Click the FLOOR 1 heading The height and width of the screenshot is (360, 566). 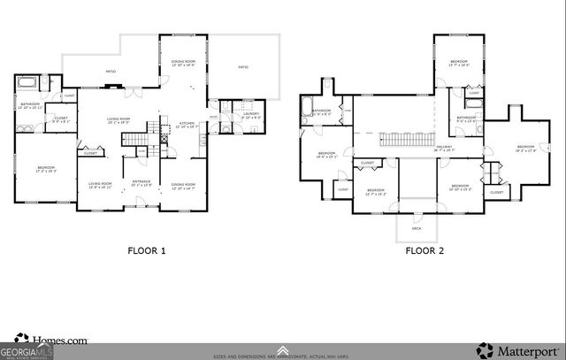[x=146, y=250]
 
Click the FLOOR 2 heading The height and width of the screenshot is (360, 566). [x=424, y=250]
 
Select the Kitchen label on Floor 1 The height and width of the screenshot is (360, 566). [x=187, y=124]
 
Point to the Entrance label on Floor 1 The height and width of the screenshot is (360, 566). [x=141, y=183]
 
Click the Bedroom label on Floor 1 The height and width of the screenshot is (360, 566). [x=46, y=168]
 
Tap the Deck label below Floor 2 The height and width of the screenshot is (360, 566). [x=417, y=228]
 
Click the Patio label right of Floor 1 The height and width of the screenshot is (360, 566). [x=243, y=66]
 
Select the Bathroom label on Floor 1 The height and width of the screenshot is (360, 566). [x=26, y=105]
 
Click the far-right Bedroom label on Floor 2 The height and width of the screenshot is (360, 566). [x=527, y=148]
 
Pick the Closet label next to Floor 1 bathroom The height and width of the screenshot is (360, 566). [x=61, y=119]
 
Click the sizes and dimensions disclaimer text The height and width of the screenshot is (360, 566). [x=283, y=356]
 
